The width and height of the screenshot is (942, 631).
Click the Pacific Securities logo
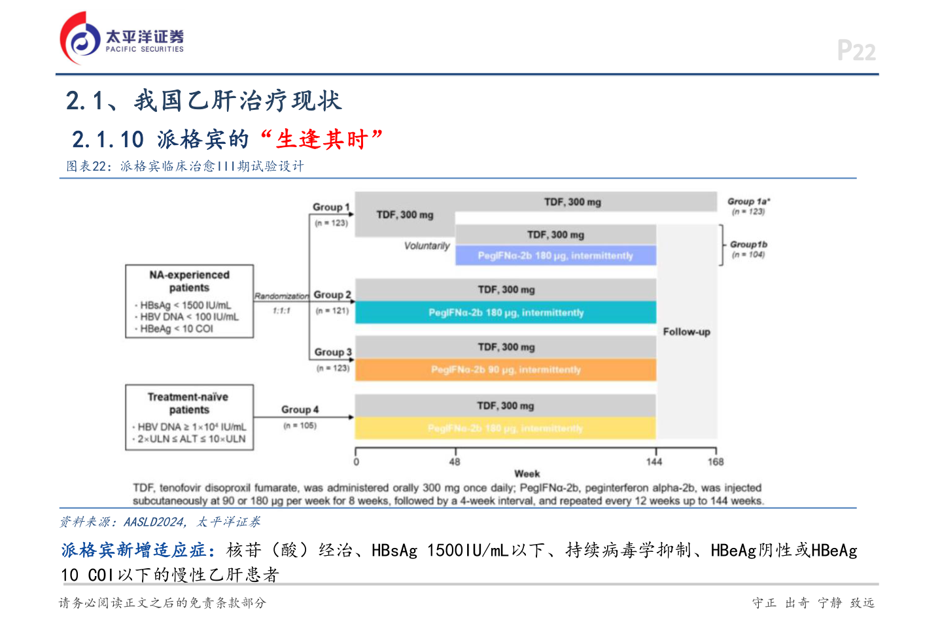pos(122,38)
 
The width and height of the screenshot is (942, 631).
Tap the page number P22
pos(856,51)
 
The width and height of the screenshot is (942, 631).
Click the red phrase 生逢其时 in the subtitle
pos(321,139)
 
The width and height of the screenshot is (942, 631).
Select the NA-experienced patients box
pos(189,301)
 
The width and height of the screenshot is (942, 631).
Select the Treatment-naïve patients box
pos(189,417)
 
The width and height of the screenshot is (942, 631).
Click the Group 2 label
pos(332,295)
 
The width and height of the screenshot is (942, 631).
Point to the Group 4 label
pos(300,409)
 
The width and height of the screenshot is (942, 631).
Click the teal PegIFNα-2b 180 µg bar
pos(506,313)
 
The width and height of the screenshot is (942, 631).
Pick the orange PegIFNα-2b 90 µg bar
pos(506,369)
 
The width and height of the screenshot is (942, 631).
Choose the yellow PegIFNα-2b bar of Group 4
pos(505,428)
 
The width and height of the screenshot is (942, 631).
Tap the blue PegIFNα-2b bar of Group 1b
pos(555,256)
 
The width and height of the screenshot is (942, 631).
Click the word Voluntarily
pos(427,246)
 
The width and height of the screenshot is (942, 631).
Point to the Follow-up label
pos(686,332)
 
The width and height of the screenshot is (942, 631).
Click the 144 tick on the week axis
pos(654,462)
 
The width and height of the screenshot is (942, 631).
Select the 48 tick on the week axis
pos(455,462)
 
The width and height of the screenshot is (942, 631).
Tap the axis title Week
pos(527,473)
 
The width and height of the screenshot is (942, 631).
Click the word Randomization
pos(281,296)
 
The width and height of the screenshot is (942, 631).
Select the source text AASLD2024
pos(154,522)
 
